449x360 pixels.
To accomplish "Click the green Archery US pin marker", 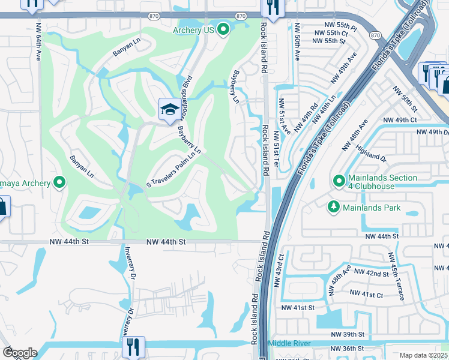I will pos(224,29).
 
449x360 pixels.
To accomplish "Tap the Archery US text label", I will pos(194,29).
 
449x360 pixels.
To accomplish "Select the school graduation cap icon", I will pos(167,109).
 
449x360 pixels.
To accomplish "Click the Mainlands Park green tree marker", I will pos(334,208).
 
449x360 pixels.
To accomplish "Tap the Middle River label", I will pos(289,343).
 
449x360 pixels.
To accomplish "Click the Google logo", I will pos(20,353).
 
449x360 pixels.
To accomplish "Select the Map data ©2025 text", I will pos(423,355).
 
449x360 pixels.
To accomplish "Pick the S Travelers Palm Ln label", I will pos(174,171).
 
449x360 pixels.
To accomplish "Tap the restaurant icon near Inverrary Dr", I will pos(133,346).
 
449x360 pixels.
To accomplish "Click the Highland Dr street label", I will pos(371,155).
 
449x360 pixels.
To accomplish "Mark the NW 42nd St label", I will pos(372,272).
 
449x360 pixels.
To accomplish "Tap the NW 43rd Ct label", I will pos(280,270).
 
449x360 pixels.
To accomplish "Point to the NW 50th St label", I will pos(405,99).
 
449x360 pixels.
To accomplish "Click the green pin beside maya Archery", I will pos(59,182).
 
